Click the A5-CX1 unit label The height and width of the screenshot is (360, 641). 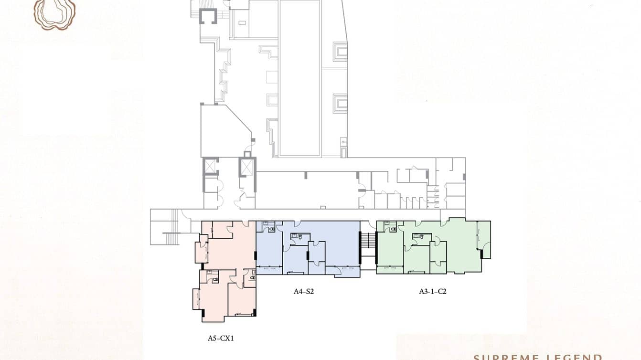220,339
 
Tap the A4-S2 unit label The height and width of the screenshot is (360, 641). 303,291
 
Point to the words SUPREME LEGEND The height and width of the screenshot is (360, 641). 537,357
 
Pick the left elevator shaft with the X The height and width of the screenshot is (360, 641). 210,166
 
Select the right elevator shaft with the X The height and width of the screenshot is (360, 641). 247,167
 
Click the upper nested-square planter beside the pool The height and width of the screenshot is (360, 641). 340,51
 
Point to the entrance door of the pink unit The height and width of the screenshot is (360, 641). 245,223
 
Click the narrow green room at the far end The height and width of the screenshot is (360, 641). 484,239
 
